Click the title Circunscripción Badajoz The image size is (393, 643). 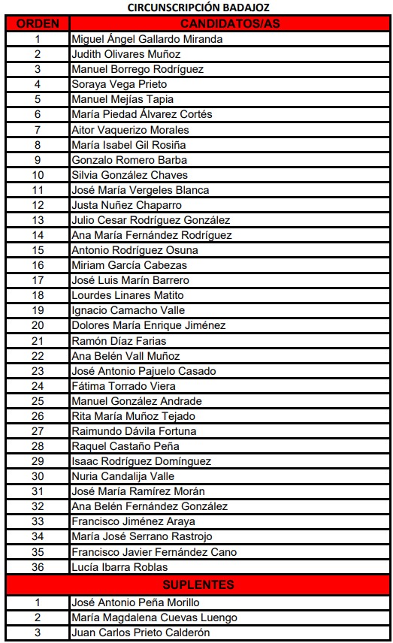(x=196, y=8)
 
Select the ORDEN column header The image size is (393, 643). (x=38, y=23)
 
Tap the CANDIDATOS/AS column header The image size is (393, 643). (x=230, y=23)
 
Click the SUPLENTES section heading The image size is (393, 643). (x=198, y=584)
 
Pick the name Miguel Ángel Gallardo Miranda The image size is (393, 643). (x=147, y=39)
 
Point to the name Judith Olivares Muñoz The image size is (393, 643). (x=125, y=54)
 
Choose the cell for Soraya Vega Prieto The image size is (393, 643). (x=119, y=84)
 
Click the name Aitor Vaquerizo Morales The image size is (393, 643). (x=130, y=129)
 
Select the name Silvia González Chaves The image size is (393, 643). (x=129, y=175)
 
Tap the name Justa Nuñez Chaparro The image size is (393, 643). (x=126, y=205)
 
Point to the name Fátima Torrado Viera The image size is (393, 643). (x=123, y=386)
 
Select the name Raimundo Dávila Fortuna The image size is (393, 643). (x=134, y=431)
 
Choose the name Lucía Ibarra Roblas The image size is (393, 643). (x=119, y=567)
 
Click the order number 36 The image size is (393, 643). (x=38, y=567)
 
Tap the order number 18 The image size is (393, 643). (x=38, y=295)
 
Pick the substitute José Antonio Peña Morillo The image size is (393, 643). (x=135, y=602)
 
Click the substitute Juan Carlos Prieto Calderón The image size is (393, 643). (x=140, y=632)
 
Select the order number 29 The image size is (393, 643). (x=38, y=461)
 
